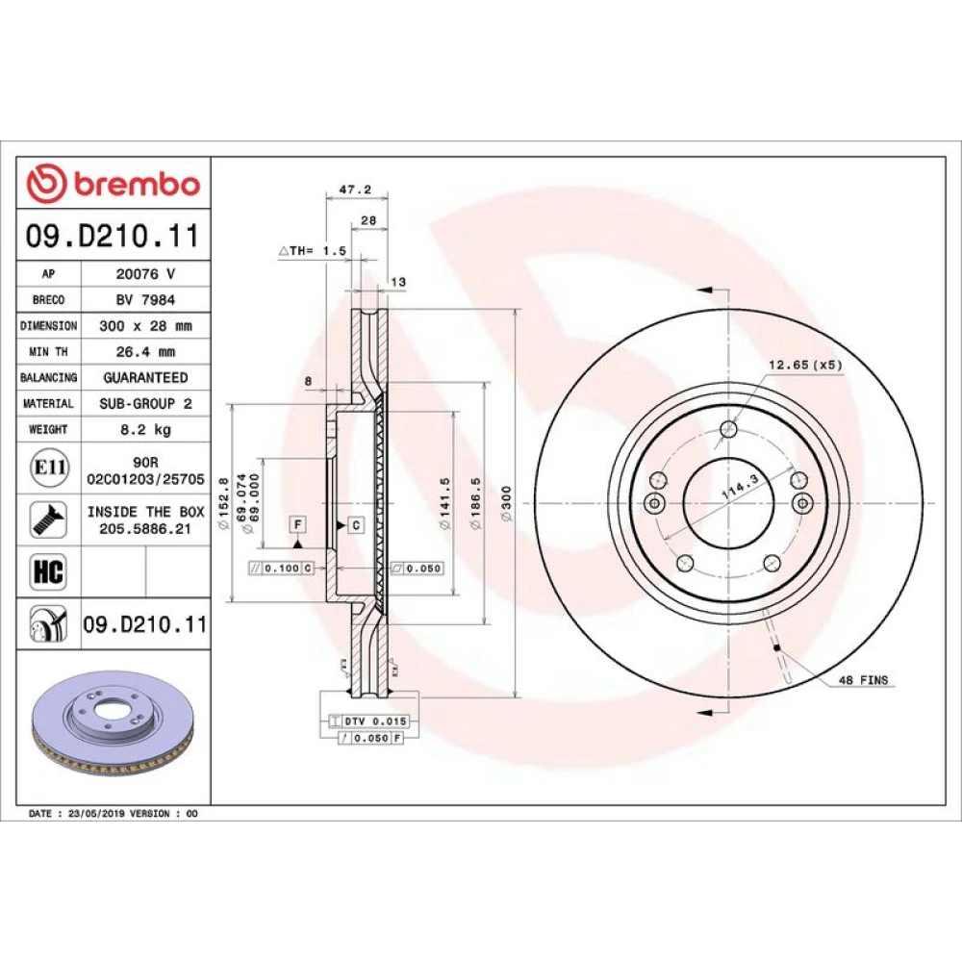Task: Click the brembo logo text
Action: [137, 184]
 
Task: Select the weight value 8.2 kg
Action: [146, 429]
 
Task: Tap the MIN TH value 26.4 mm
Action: [146, 352]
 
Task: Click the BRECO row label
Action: [48, 300]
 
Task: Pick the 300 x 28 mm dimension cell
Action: [146, 326]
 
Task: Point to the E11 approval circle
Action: [49, 468]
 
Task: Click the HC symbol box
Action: [48, 571]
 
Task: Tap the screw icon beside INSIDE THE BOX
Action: [48, 520]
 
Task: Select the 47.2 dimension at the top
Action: [356, 190]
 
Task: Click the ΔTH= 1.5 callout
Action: [313, 251]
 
